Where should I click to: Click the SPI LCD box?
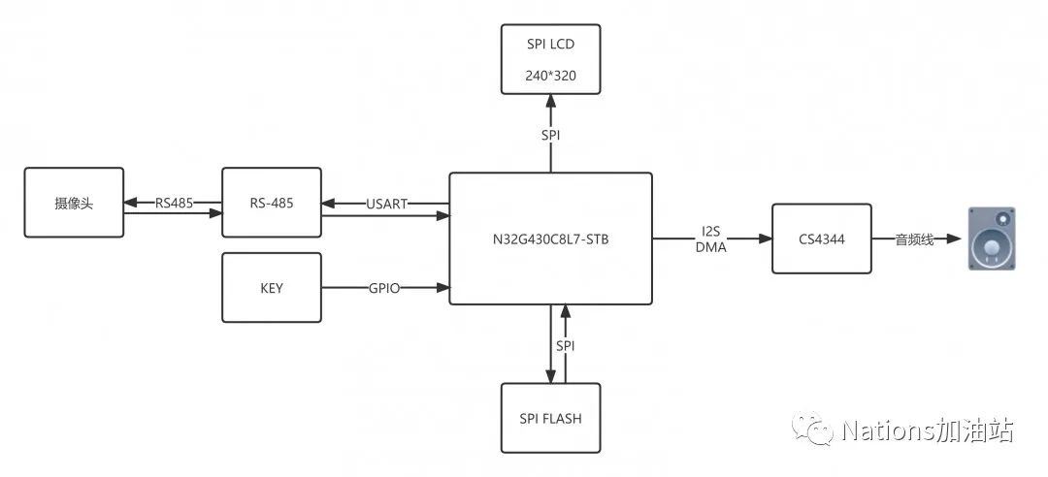550,58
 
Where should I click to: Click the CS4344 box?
821,238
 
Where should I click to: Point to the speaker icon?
991,238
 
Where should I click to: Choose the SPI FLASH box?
550,419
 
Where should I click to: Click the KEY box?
272,288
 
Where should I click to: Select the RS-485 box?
272,203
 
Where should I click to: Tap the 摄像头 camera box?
75,203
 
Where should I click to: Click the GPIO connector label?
385,288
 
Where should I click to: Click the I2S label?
712,231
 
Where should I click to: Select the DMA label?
712,248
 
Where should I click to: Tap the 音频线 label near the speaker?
913,238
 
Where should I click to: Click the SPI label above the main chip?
550,136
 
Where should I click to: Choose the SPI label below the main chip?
565,345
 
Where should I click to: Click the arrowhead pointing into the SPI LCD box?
550,100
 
